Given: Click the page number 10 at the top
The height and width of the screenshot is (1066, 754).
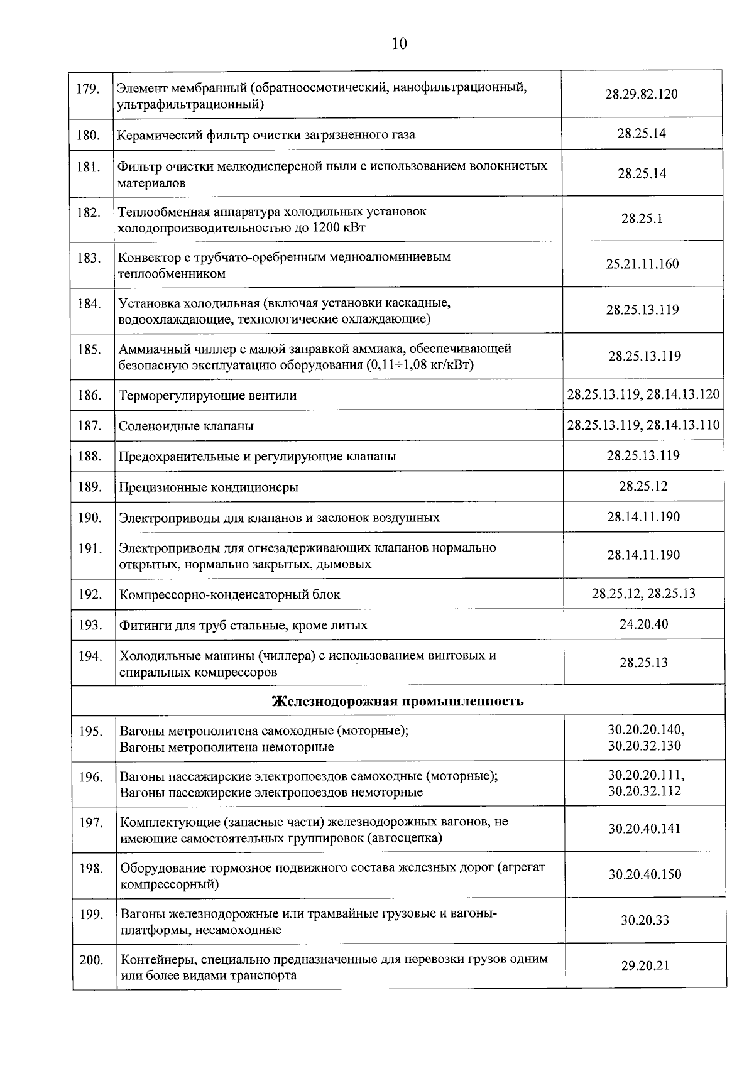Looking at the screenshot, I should point(399,43).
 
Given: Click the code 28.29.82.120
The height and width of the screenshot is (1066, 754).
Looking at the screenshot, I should point(642,95).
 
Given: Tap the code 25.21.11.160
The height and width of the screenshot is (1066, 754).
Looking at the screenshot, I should point(642,264).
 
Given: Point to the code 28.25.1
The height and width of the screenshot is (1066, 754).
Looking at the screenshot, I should point(642,219).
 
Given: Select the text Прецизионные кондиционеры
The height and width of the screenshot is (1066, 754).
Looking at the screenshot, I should point(209,487).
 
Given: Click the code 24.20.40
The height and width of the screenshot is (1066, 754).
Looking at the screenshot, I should point(643,624).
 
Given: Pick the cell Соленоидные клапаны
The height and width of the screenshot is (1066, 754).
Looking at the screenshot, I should point(187,427).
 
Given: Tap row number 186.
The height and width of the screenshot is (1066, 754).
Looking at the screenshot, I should point(90,395).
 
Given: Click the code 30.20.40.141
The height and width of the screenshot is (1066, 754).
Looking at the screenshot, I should point(644,829).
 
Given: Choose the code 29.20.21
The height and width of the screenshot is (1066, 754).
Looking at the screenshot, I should point(645,966).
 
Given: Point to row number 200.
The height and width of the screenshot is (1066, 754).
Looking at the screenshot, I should point(90,960).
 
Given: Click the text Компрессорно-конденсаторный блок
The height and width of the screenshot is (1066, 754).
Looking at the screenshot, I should point(230,594).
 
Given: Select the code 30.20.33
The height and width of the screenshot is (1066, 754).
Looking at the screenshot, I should point(645,921).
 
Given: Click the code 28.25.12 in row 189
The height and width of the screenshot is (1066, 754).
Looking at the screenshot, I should point(643,486).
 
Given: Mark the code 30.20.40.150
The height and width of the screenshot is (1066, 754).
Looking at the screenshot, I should point(645,874).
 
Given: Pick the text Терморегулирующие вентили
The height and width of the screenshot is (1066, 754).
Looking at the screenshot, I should point(207,396).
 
